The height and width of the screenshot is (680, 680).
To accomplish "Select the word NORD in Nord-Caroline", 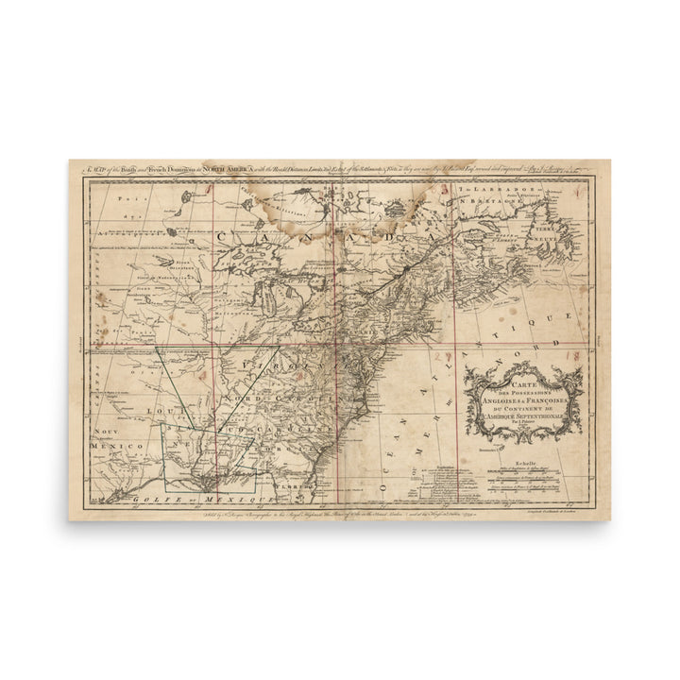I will click(x=238, y=401).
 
